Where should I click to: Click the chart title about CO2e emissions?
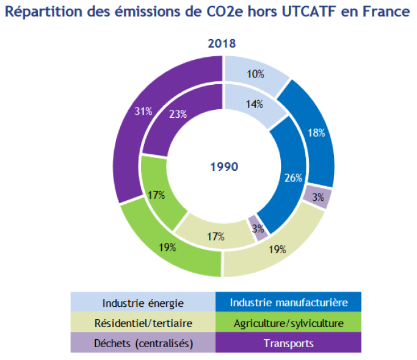click(x=208, y=12)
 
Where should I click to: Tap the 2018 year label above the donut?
click(x=222, y=44)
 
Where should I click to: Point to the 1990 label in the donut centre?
click(x=223, y=167)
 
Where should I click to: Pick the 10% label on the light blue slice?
click(x=256, y=74)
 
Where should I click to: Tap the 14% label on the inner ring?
click(x=255, y=104)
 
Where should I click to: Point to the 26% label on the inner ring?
click(x=294, y=178)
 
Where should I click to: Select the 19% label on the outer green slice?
click(x=167, y=247)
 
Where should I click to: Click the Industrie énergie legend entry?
click(x=143, y=303)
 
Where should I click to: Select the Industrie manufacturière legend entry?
click(x=289, y=303)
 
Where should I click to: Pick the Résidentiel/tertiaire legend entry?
click(x=143, y=323)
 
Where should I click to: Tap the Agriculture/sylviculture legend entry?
click(x=289, y=323)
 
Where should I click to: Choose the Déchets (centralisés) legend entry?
click(x=143, y=343)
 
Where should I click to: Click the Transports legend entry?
click(x=289, y=343)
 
